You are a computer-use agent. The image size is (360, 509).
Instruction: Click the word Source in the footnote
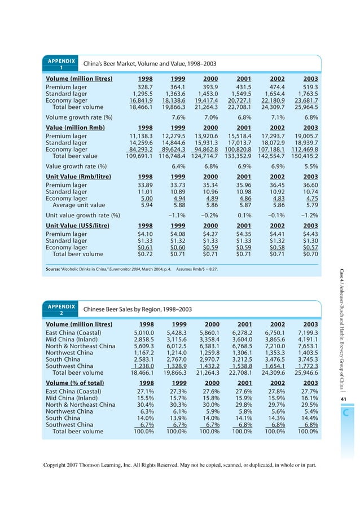coord(55,269)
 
